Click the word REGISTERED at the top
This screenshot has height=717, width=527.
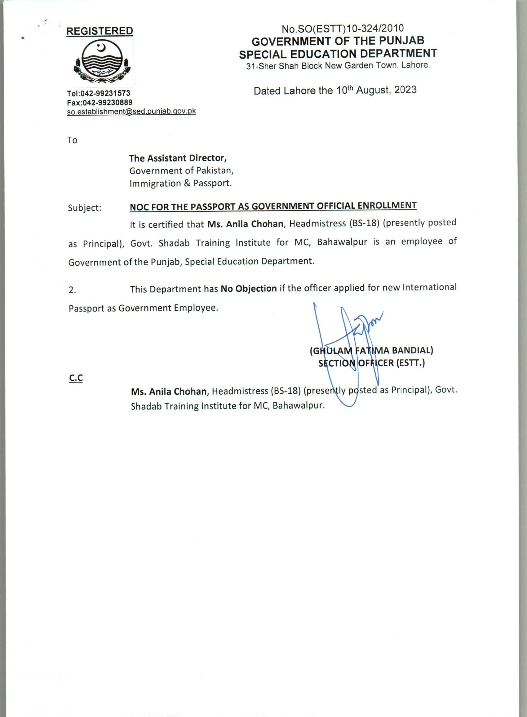coord(100,31)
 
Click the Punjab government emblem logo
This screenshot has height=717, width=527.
coord(100,62)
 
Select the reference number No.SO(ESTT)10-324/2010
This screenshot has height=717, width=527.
coord(343,29)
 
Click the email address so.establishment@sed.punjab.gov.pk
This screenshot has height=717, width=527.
coord(131,111)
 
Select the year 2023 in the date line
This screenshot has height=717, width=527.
coord(405,90)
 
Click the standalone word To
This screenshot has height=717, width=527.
coord(73,140)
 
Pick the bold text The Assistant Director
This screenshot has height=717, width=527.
coord(178,158)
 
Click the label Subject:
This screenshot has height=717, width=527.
coord(85,208)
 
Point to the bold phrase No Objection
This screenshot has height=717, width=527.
coord(249,289)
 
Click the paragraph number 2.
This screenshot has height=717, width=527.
coord(72,290)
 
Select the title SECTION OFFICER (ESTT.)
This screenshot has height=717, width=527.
coord(371,363)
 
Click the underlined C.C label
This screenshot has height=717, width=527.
coord(76,378)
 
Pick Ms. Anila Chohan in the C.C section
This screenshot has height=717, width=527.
coord(168,391)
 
